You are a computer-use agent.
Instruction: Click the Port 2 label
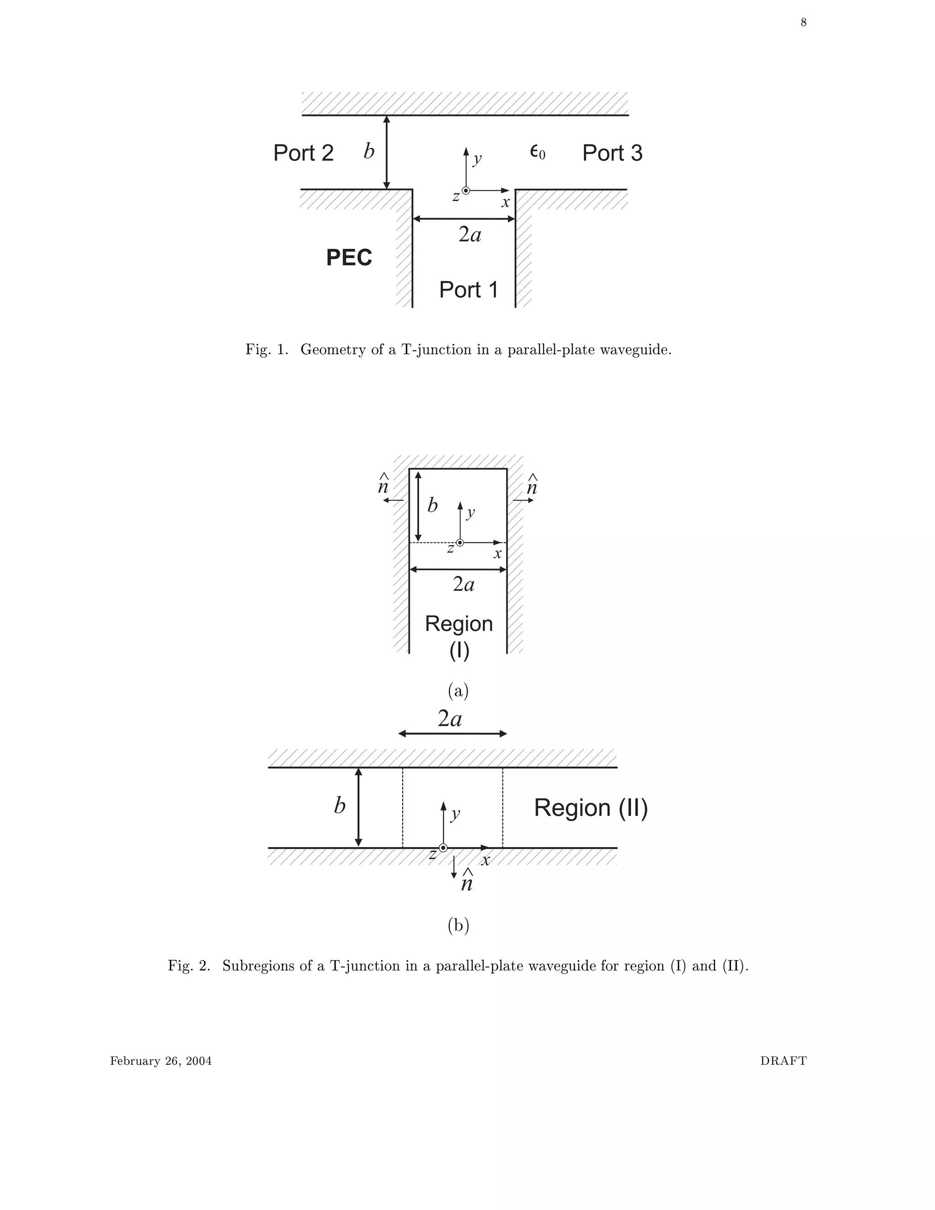point(303,153)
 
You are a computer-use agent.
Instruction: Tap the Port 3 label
point(612,153)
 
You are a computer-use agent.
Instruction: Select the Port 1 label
point(468,290)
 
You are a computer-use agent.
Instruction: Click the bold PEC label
point(349,258)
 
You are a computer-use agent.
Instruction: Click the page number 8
point(803,23)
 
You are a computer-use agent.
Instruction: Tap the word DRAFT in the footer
point(783,1061)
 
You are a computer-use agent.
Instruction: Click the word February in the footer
point(135,1061)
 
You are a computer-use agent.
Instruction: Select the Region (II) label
point(590,808)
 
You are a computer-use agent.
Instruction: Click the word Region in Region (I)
point(459,624)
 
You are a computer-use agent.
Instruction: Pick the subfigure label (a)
point(458,690)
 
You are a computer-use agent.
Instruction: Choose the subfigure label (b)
point(458,925)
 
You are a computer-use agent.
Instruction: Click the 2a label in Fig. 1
point(470,235)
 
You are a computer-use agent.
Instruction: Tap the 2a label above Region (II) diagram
point(450,719)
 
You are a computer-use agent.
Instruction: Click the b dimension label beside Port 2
point(369,151)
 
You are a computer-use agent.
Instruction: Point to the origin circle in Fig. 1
point(466,190)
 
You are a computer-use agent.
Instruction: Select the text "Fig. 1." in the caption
point(267,350)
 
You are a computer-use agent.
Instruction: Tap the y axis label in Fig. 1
point(477,159)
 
